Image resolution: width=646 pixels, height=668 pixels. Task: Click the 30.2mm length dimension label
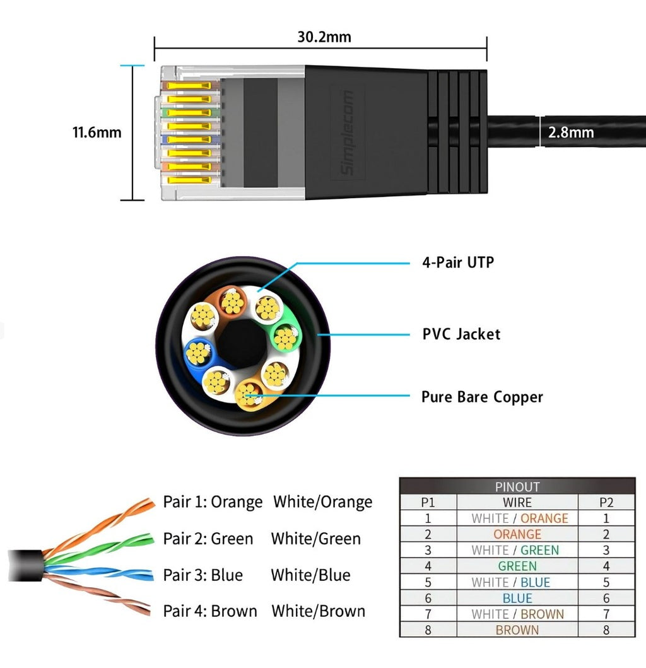[324, 37]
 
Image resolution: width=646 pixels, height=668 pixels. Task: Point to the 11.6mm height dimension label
[97, 132]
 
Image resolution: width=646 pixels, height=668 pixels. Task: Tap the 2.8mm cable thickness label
[570, 132]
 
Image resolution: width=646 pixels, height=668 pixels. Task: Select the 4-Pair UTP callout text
[458, 262]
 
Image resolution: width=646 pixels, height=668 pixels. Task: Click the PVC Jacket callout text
[461, 334]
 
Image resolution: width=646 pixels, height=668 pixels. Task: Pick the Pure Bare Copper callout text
[482, 397]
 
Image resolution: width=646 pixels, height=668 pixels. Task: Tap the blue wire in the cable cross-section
[197, 353]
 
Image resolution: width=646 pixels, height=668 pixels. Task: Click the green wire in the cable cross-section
[286, 337]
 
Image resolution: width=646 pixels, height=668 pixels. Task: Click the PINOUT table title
[517, 487]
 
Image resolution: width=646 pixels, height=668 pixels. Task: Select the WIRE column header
[517, 503]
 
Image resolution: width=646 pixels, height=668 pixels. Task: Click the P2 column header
[606, 503]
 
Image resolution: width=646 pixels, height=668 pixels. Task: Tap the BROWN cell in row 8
[517, 630]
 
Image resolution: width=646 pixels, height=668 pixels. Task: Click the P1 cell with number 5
[428, 582]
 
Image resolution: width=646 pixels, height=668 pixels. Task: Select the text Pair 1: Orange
[213, 502]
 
